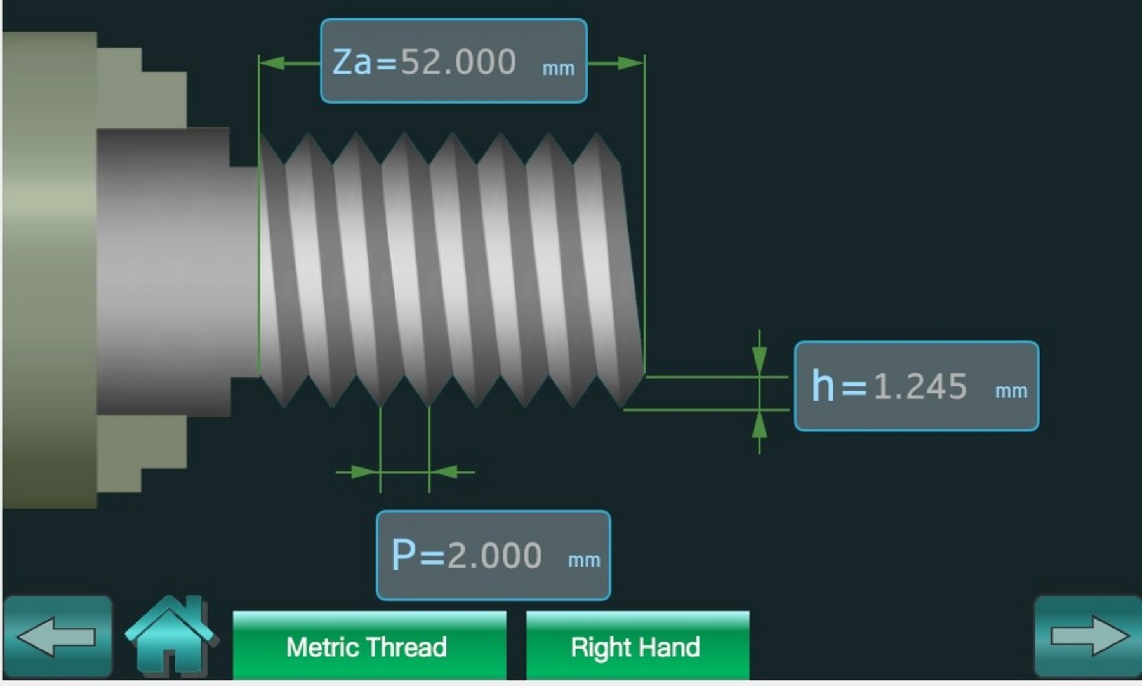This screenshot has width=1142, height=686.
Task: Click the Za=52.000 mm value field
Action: click(454, 61)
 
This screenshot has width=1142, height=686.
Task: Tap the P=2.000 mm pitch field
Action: click(493, 555)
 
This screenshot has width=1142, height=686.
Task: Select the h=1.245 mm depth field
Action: click(917, 386)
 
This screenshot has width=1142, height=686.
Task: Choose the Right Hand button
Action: click(637, 645)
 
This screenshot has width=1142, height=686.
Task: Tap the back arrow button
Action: click(58, 636)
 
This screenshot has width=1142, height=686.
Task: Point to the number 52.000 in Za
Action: click(458, 62)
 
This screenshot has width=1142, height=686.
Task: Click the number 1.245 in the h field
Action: click(920, 386)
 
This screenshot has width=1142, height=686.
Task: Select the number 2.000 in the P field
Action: click(495, 555)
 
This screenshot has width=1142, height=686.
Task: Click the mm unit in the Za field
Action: click(558, 68)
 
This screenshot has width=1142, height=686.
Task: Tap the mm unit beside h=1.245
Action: click(1011, 391)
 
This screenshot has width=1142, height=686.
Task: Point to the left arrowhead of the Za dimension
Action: click(272, 63)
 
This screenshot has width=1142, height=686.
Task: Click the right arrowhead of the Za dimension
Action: click(631, 63)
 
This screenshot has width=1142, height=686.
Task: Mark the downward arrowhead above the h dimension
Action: click(759, 360)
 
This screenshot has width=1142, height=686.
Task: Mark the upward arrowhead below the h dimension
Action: click(759, 425)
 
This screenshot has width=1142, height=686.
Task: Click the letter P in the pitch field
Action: click(404, 554)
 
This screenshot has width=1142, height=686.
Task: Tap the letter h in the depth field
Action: click(823, 385)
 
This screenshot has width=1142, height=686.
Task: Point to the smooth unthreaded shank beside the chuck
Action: click(178, 272)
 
